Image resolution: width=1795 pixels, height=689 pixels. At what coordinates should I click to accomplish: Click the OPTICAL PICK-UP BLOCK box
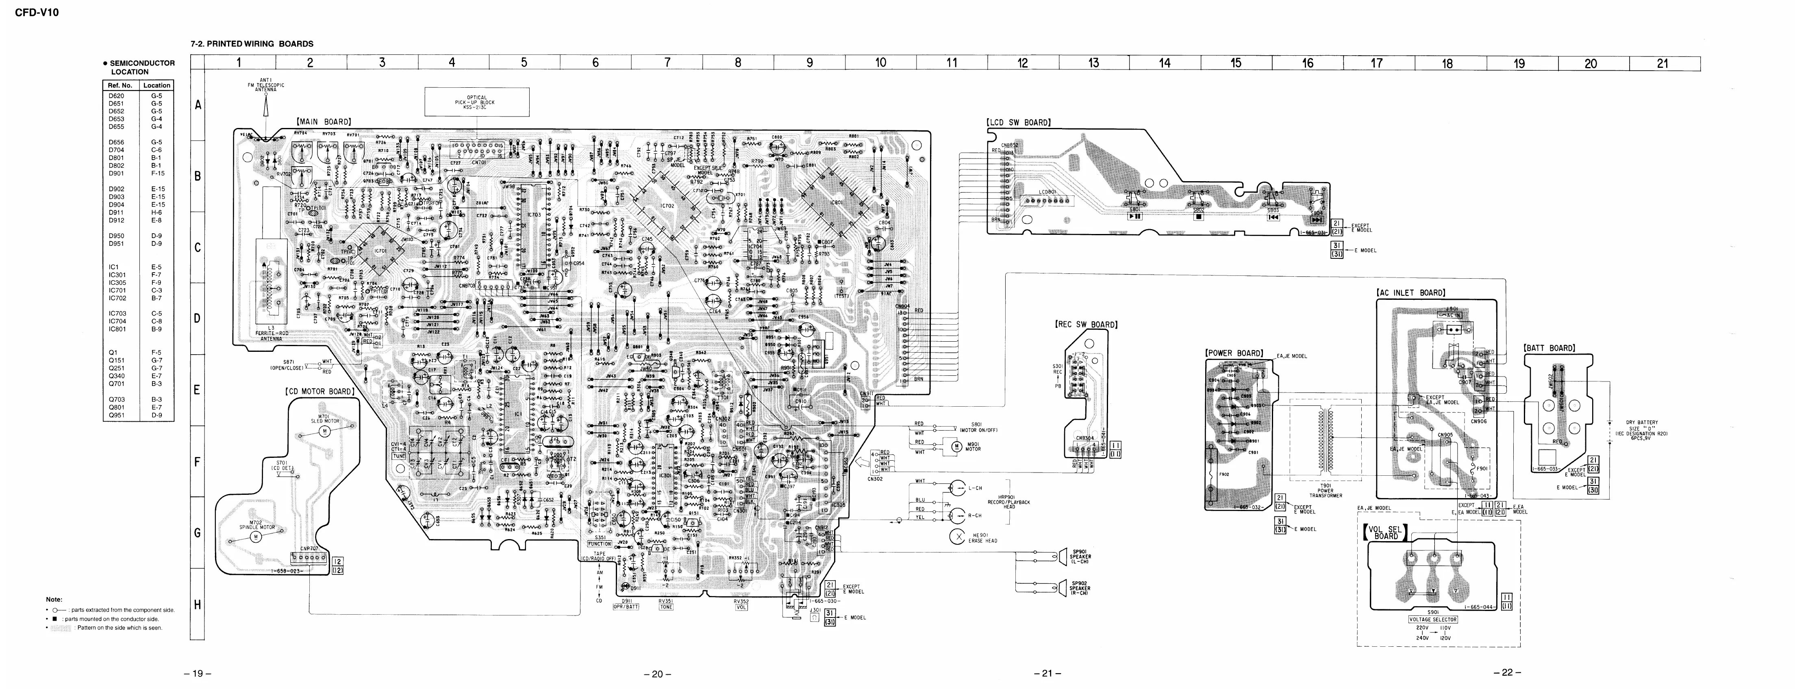(x=477, y=102)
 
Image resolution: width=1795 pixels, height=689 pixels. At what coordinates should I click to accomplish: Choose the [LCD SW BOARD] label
(x=1018, y=123)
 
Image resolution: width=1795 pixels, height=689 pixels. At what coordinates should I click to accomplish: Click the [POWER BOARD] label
(x=1234, y=353)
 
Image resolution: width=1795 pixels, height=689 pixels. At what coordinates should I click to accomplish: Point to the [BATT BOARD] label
(x=1549, y=348)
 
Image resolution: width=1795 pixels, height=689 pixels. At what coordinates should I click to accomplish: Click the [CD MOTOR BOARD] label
(x=320, y=392)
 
